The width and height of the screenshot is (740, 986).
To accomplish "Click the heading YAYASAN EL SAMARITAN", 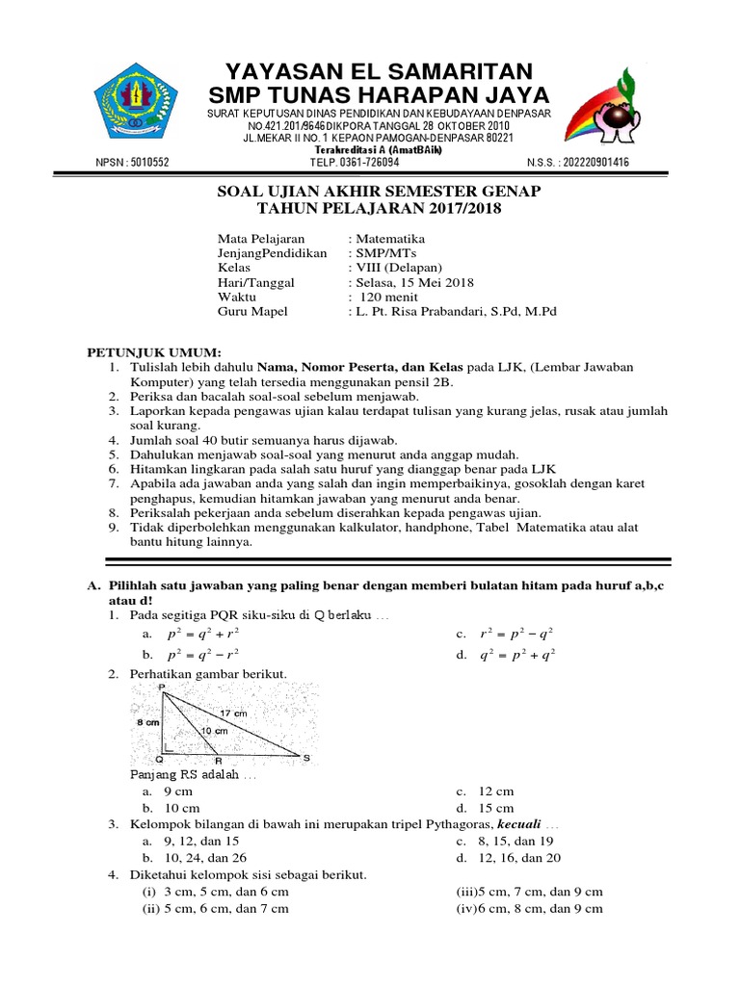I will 378,70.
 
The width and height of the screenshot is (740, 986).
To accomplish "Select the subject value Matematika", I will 390,239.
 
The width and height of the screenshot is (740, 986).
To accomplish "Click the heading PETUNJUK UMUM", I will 155,352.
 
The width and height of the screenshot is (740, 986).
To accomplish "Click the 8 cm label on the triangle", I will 147,721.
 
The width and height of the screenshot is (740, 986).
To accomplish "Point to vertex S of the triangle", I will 307,759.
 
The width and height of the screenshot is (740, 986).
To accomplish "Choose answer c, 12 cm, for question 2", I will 492,791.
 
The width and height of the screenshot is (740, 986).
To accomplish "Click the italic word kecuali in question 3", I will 519,825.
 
